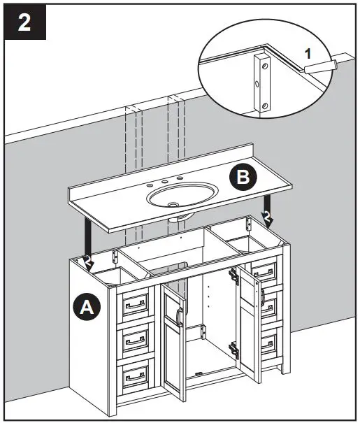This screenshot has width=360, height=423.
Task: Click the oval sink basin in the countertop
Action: (180, 197)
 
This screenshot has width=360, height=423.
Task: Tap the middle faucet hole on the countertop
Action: (166, 184)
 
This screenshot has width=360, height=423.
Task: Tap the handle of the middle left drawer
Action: (136, 339)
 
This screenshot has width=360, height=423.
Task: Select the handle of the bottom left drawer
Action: (136, 375)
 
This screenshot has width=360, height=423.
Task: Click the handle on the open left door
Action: (180, 317)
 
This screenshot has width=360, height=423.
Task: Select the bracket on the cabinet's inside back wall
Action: (203, 331)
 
